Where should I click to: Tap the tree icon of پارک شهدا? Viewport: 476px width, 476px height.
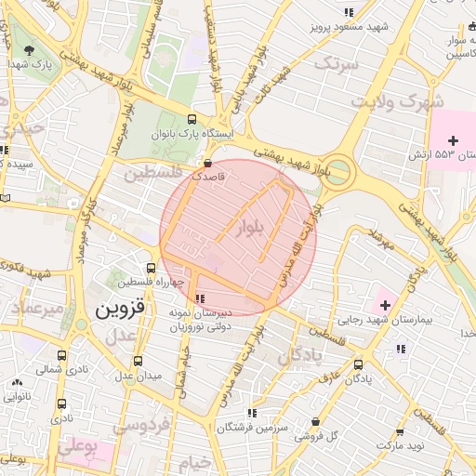coord(33,49)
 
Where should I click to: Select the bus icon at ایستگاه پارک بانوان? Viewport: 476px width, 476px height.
coord(192,119)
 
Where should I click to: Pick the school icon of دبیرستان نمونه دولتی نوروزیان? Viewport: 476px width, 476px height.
coord(200,298)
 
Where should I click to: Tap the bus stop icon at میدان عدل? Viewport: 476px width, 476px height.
coord(139,361)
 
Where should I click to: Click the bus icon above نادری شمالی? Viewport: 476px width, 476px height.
coord(62,355)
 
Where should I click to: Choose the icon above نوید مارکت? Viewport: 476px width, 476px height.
coord(400,432)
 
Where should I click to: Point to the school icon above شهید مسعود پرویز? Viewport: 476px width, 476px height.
coord(349,12)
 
